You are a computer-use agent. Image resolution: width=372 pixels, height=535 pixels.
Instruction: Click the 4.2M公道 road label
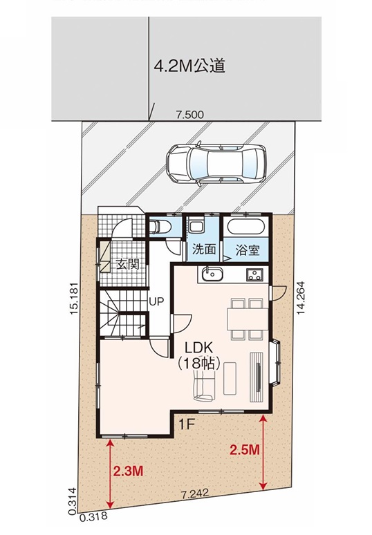[x=189, y=66]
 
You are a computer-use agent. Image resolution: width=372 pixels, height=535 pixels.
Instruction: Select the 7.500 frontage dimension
[x=189, y=115]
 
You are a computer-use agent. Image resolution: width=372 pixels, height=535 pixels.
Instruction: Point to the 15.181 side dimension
[x=75, y=299]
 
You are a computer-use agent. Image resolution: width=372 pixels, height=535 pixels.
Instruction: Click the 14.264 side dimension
[x=300, y=297]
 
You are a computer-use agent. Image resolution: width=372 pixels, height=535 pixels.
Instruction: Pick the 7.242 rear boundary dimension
[x=195, y=494]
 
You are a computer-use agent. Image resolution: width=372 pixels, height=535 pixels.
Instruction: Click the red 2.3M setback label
[x=128, y=471]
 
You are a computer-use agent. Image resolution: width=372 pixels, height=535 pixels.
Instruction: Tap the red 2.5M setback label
[x=244, y=450]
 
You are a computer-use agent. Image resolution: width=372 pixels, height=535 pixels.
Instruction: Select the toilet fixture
[x=160, y=226]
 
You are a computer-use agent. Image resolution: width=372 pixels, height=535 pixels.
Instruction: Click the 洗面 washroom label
[x=204, y=249]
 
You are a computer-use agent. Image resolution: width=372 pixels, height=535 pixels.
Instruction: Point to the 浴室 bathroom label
[x=248, y=250]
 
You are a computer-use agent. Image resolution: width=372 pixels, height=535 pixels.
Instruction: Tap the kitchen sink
[x=212, y=274]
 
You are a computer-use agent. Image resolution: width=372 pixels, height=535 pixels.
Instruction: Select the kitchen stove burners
[x=255, y=274]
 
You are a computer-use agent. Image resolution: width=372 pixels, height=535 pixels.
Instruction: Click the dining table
[x=248, y=319]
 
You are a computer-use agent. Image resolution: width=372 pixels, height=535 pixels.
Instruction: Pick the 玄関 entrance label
[x=128, y=265]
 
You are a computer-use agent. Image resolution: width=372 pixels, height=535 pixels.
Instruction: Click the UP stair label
[x=156, y=301]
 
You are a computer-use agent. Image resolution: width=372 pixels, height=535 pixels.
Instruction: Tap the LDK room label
[x=199, y=348]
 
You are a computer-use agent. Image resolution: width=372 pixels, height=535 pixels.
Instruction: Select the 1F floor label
[x=187, y=424]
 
